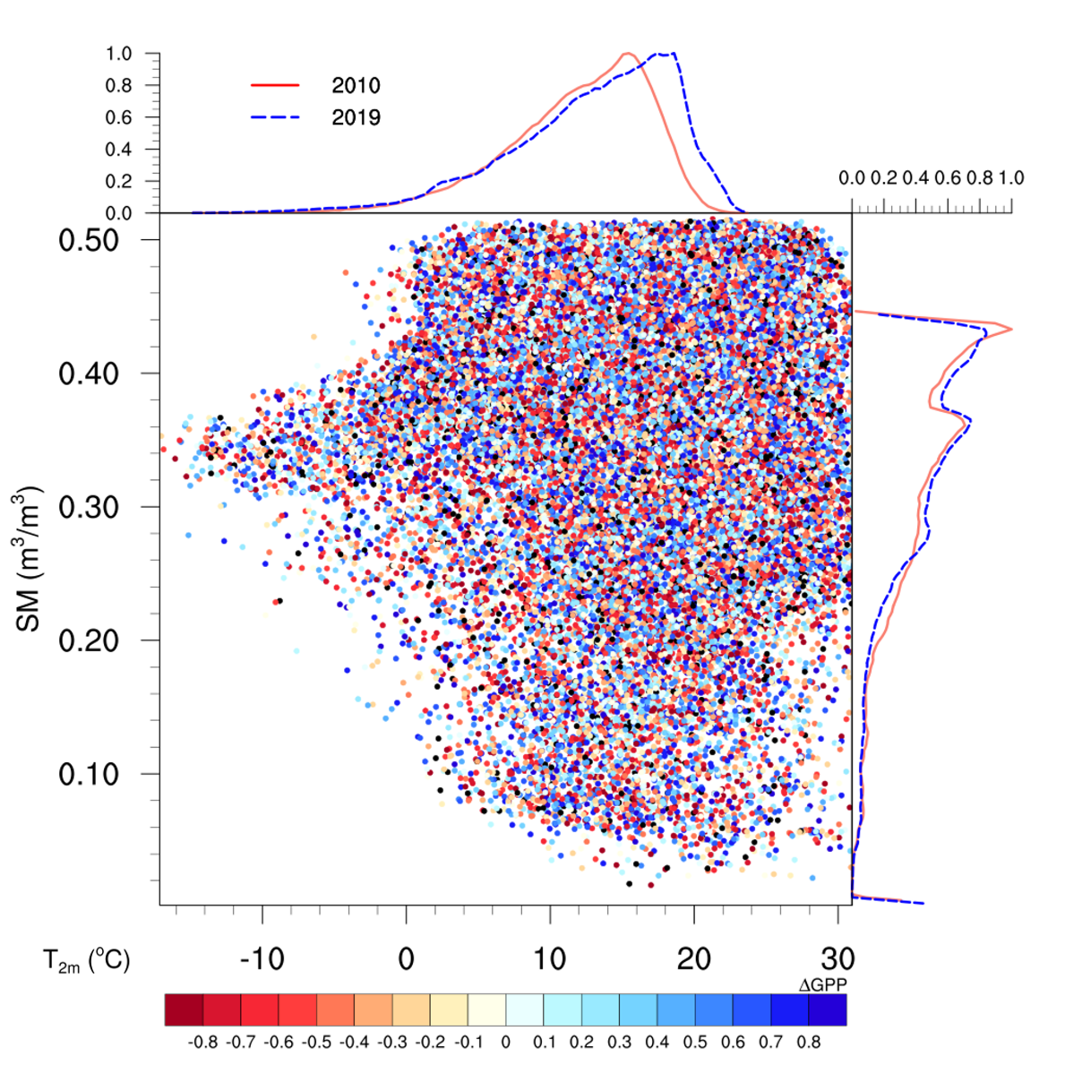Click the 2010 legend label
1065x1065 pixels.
356,86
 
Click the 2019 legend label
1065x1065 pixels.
356,117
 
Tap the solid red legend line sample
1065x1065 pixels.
275,85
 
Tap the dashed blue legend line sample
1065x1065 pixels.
275,117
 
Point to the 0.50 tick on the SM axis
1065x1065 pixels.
89,240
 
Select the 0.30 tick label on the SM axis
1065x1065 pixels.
89,507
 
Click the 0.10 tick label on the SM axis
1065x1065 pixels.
89,774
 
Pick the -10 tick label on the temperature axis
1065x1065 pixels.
262,959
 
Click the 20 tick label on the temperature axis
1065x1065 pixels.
693,959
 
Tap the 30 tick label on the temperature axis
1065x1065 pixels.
837,959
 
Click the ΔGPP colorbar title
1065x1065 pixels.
823,985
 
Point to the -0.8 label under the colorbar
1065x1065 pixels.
204,1043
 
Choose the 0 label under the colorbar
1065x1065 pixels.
506,1043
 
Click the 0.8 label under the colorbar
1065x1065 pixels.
808,1043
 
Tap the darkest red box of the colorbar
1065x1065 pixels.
185,1009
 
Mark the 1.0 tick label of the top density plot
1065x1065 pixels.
118,54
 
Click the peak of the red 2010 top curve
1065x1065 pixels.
627,54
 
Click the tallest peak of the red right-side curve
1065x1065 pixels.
1011,330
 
